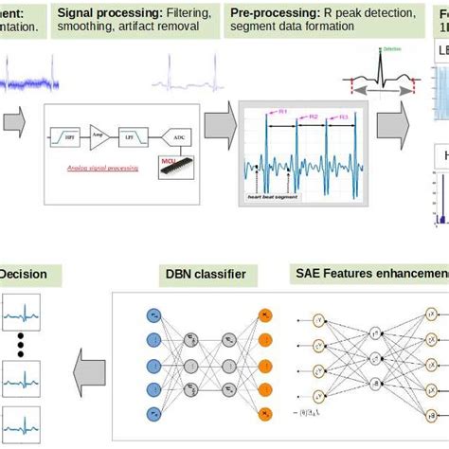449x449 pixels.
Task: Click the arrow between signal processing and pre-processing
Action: pos(217,121)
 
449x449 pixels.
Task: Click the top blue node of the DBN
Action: pos(154,312)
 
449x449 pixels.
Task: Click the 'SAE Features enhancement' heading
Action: pos(369,275)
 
